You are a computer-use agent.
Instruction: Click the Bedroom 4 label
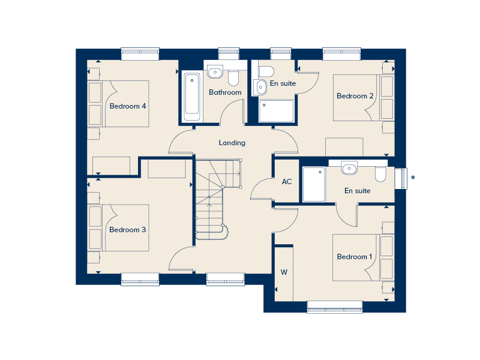click(128, 106)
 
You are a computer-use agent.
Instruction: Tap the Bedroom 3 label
click(128, 230)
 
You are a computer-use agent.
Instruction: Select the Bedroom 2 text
click(355, 96)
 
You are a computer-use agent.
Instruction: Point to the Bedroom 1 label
click(355, 257)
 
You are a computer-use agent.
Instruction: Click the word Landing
click(232, 143)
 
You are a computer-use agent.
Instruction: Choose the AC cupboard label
click(287, 181)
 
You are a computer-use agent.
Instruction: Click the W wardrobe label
click(284, 272)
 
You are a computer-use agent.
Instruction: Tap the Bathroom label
click(225, 92)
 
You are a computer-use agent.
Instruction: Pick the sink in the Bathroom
click(215, 73)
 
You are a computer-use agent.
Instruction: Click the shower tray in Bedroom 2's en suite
click(277, 111)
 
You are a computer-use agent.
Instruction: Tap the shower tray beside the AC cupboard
click(313, 184)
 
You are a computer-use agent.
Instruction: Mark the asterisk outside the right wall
click(413, 178)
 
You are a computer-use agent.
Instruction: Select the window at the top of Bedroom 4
click(140, 54)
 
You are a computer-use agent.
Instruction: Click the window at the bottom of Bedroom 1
click(335, 307)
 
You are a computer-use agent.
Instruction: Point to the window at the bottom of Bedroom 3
click(140, 279)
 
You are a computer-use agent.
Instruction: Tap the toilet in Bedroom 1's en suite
click(380, 173)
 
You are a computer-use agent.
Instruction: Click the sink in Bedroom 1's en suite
click(349, 168)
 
